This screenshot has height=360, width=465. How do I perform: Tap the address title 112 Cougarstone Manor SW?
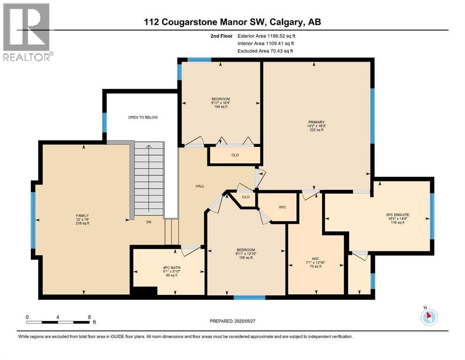pyautogui.click(x=232, y=22)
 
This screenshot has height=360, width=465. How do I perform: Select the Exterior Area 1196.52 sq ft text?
pyautogui.click(x=266, y=35)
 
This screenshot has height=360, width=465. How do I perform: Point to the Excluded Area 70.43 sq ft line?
pyautogui.click(x=266, y=51)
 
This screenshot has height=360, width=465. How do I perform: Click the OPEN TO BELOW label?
pyautogui.click(x=143, y=117)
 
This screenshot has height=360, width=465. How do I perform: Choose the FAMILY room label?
pyautogui.click(x=82, y=219)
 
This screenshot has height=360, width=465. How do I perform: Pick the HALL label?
pyautogui.click(x=200, y=186)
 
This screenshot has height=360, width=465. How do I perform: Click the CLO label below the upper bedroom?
pyautogui.click(x=235, y=155)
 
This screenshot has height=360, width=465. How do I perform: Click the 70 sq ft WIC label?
pyautogui.click(x=316, y=262)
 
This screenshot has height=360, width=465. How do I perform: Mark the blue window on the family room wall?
pyautogui.click(x=33, y=220)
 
